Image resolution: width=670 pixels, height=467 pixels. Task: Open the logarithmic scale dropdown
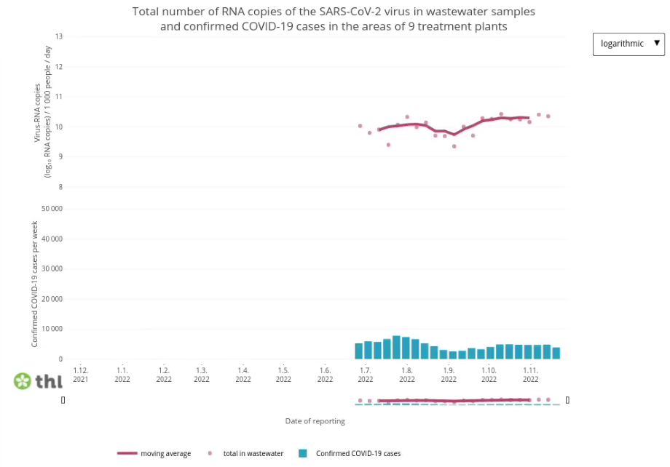[628, 44]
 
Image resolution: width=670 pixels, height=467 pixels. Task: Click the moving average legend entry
[154, 454]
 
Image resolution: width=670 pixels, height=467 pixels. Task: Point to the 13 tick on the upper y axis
[59, 36]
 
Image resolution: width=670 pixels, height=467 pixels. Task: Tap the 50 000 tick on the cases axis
[52, 209]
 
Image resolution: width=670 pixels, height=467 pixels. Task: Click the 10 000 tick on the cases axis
[52, 329]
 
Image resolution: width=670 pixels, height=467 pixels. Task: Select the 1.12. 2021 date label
[80, 374]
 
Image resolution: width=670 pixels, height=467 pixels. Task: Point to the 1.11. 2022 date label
[530, 374]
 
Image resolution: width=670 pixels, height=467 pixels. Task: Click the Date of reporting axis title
[315, 421]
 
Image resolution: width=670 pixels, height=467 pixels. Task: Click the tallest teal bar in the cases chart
[396, 347]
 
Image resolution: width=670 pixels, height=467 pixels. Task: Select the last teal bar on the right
[556, 353]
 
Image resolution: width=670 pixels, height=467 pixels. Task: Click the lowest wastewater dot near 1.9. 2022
[454, 146]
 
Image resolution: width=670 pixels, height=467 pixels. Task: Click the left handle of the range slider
[63, 399]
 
